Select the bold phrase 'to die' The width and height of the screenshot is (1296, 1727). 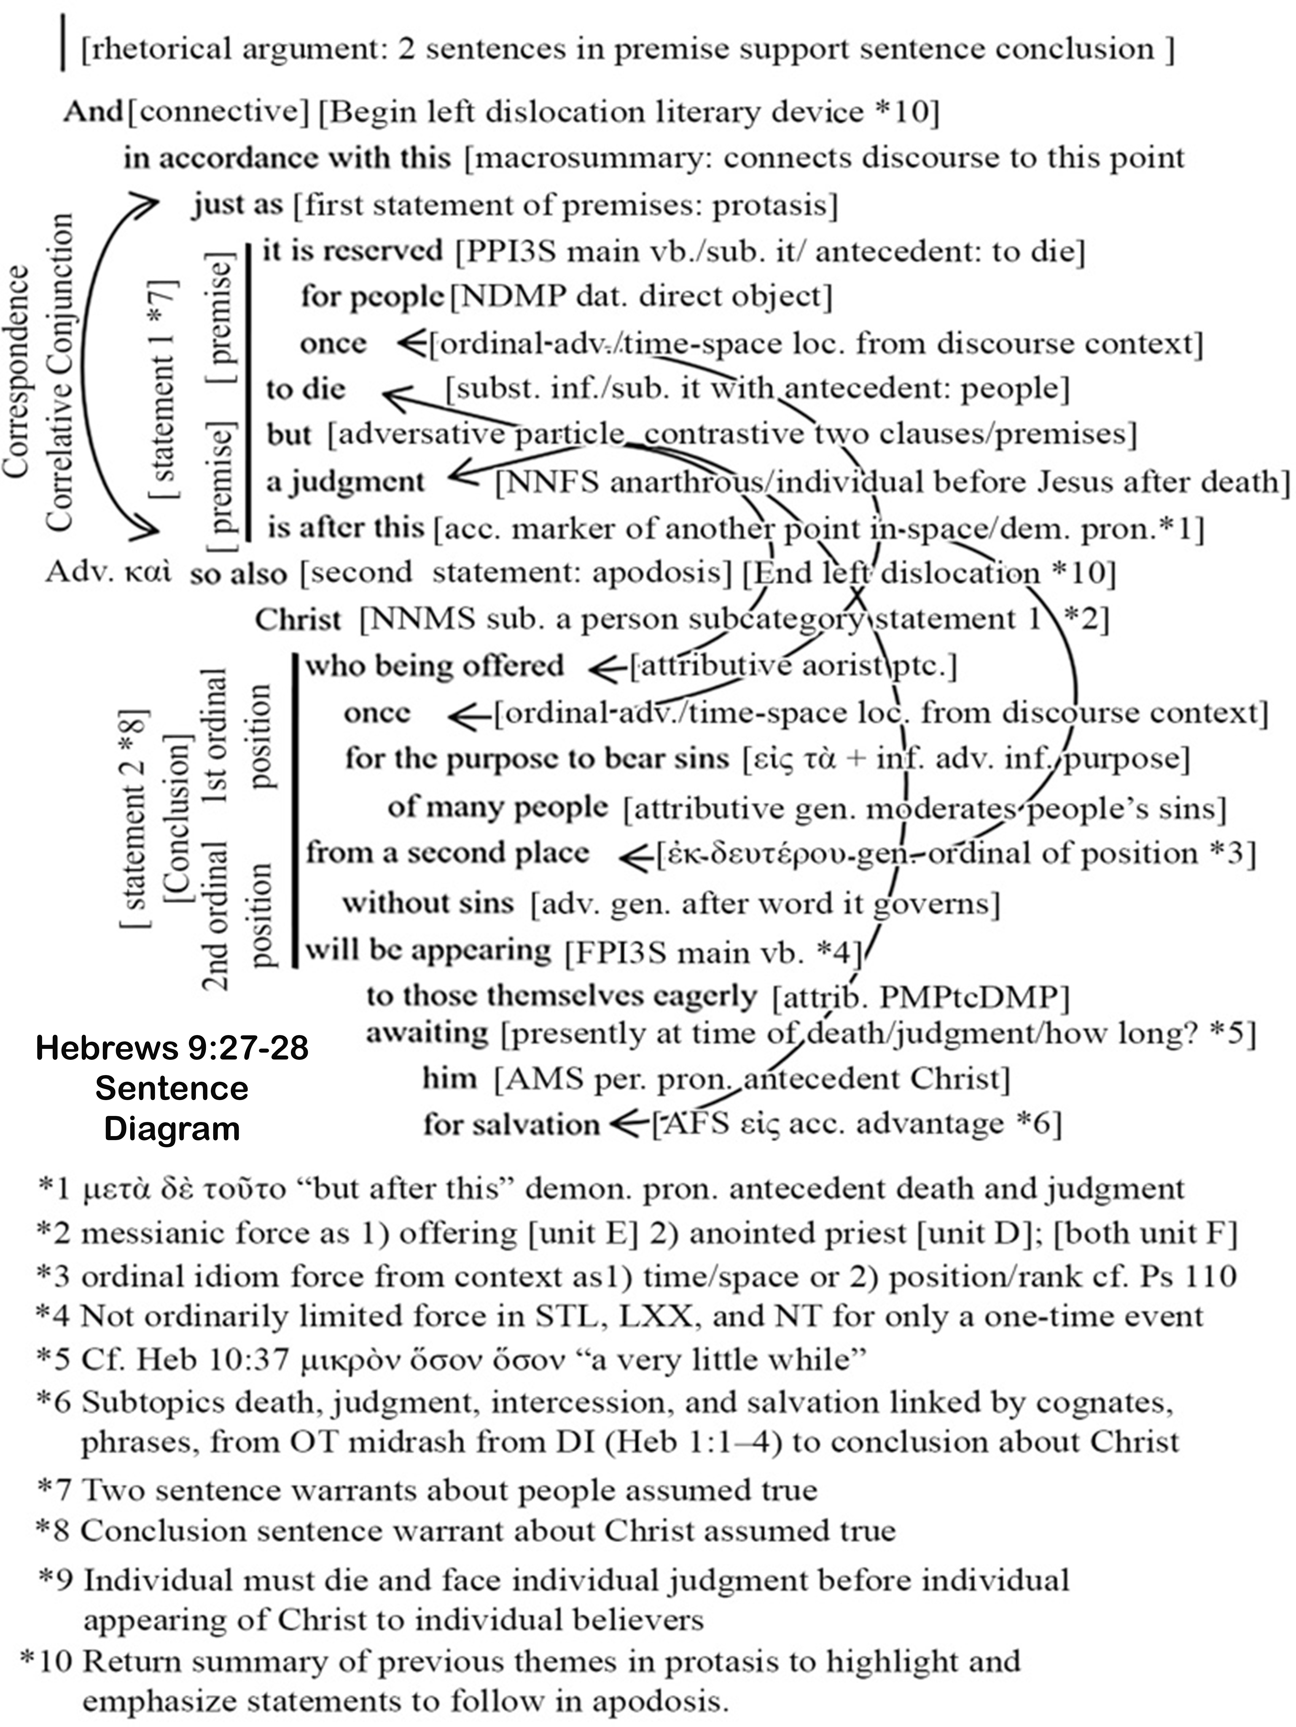(306, 389)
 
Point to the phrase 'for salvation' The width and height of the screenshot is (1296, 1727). (511, 1124)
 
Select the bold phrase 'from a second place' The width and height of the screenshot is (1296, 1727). (447, 853)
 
